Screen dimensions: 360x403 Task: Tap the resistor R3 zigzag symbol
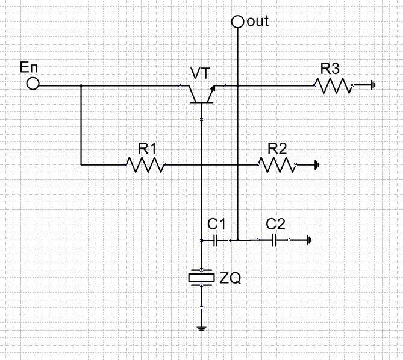coord(333,85)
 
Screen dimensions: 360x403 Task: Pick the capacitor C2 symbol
coord(275,240)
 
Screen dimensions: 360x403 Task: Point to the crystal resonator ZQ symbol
coord(201,277)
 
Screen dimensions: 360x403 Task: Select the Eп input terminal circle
coord(33,85)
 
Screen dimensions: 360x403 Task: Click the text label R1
coord(147,148)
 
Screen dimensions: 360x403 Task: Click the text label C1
coord(216,224)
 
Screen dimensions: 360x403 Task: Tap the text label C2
coord(275,224)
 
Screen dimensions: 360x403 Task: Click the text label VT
coord(200,73)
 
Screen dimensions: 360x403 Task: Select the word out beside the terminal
coord(258,22)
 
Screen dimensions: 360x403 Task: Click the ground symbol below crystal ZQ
coord(201,327)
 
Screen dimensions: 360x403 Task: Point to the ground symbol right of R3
coord(373,85)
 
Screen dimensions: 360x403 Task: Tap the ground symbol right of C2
coord(308,240)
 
